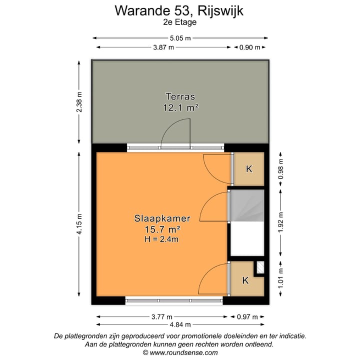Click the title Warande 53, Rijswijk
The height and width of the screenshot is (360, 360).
pos(179,10)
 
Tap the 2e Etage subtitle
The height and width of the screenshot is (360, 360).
pos(179,22)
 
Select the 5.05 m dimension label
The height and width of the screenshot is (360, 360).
pos(180,38)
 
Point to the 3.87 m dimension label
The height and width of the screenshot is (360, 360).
pos(163,47)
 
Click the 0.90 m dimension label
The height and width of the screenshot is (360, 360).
pos(250,47)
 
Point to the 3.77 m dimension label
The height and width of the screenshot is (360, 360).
pos(162,317)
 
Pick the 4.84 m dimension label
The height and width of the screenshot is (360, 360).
pos(180,324)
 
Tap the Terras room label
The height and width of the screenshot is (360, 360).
pos(180,96)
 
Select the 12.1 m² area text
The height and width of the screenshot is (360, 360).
pos(180,107)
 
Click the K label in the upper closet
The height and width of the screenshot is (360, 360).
pos(249,169)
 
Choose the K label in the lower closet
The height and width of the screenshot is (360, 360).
pos(245,280)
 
